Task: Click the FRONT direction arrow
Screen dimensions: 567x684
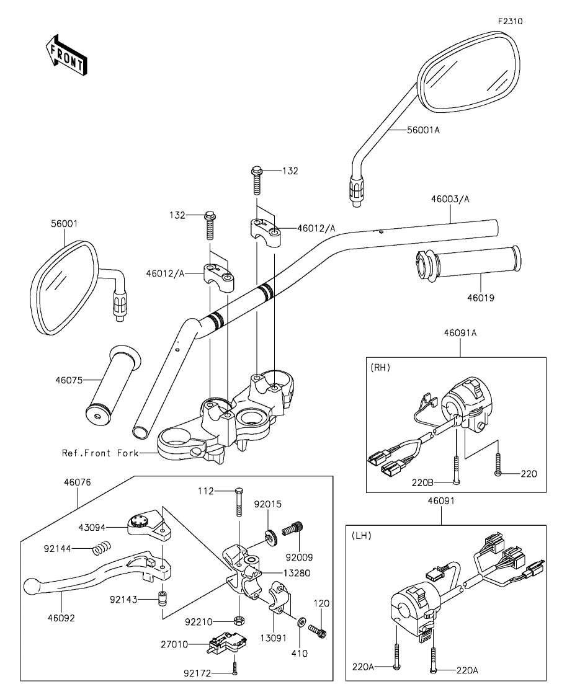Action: (x=66, y=55)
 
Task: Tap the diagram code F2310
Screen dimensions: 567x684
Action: (x=511, y=21)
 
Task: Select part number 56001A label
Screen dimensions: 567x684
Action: (x=423, y=130)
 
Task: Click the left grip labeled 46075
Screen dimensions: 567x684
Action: (x=113, y=384)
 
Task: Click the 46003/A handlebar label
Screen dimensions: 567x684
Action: (x=450, y=199)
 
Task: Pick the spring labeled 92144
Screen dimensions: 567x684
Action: (x=102, y=548)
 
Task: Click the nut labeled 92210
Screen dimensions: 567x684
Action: (x=239, y=620)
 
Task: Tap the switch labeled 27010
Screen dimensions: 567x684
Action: (x=226, y=644)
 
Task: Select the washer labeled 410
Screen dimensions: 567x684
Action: (x=300, y=621)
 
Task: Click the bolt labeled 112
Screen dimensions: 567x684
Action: (x=239, y=502)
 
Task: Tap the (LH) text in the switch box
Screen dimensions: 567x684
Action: (x=362, y=536)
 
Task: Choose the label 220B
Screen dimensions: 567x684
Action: (x=422, y=482)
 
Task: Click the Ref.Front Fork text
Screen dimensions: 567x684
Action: (x=100, y=453)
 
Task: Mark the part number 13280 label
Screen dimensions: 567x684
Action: (x=297, y=573)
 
